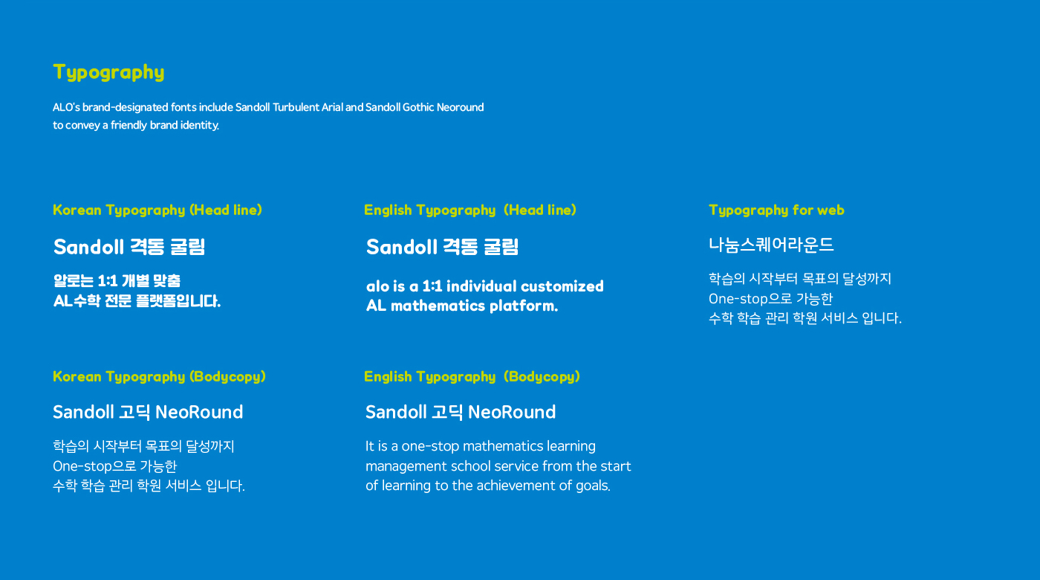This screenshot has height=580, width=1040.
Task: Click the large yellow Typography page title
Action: pos(108,73)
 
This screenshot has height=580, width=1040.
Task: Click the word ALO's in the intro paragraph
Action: pos(66,107)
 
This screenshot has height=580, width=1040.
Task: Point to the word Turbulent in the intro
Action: pos(296,107)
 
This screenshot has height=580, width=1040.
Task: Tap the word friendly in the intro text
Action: pos(129,125)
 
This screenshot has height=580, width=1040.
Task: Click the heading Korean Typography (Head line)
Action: pos(157,210)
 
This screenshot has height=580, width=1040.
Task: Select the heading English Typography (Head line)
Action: pos(469,210)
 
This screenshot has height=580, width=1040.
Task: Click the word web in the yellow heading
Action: pos(831,210)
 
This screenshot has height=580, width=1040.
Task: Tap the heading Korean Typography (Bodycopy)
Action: pos(159,376)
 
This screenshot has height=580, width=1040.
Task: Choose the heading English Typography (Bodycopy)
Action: pos(472,376)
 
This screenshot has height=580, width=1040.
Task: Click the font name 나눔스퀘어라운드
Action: pos(771,245)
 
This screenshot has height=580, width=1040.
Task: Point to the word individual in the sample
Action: pos(481,286)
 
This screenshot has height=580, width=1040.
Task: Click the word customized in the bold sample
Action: pos(562,286)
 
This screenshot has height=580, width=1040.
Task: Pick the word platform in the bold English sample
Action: pos(524,306)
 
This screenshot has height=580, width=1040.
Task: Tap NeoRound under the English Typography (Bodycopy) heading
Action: pos(512,412)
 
